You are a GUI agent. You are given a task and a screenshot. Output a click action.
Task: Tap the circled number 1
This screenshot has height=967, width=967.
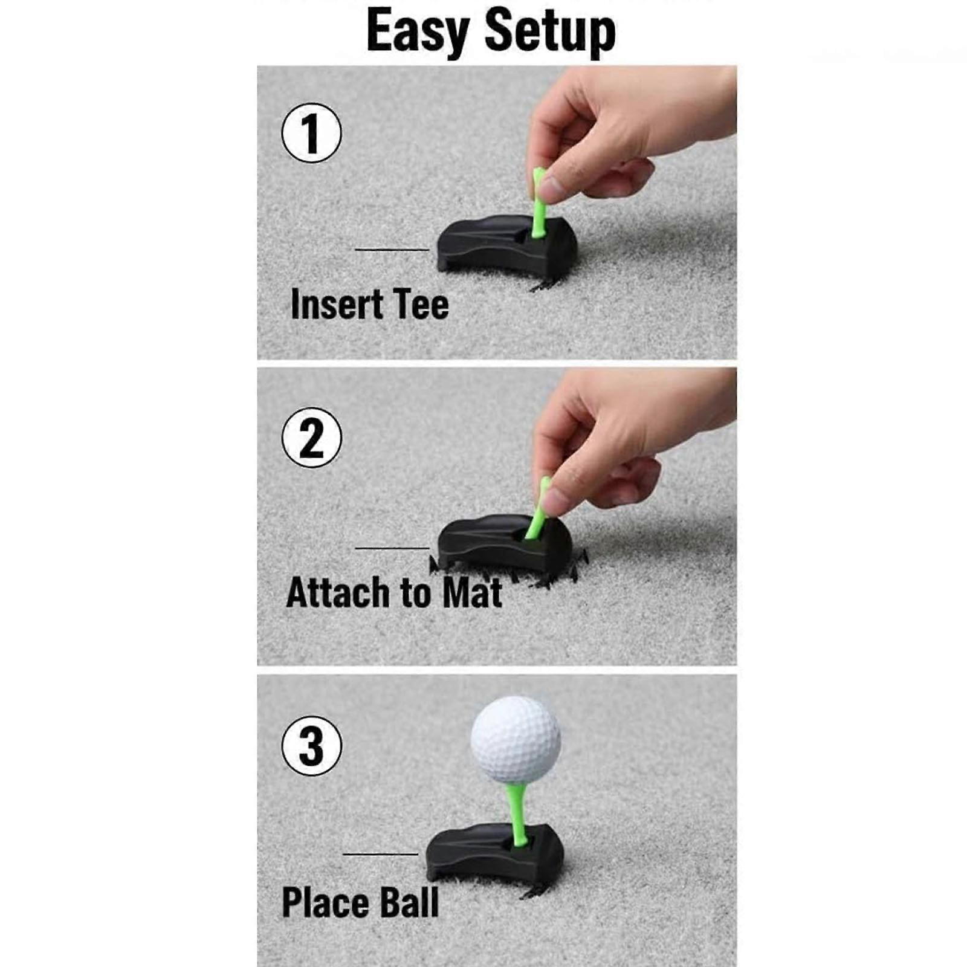(311, 133)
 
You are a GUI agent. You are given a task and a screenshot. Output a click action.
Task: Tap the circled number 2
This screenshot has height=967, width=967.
(311, 438)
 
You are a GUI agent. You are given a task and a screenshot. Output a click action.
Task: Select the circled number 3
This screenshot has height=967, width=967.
(311, 746)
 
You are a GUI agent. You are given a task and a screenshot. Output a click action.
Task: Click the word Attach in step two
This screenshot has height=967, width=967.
(338, 592)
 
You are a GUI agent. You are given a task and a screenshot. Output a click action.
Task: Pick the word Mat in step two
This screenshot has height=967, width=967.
(472, 592)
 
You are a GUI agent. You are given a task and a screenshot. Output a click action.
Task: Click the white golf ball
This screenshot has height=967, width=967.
(516, 740)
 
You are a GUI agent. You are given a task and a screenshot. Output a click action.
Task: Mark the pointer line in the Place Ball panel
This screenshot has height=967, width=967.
(380, 854)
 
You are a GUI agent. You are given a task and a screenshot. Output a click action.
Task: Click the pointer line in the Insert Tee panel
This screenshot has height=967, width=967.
(392, 249)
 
